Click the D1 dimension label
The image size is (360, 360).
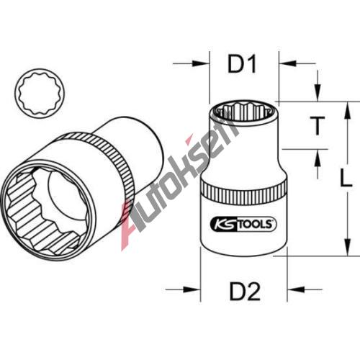(x=242, y=64)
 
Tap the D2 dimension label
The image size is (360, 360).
(x=245, y=292)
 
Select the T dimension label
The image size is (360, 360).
(x=318, y=125)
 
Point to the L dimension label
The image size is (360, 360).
(x=346, y=178)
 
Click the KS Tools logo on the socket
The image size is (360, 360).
(x=243, y=224)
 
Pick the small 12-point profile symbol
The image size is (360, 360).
(x=40, y=94)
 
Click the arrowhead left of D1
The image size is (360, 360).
(x=201, y=63)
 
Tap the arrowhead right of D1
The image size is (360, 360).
(x=287, y=63)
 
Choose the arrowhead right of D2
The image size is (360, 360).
(x=296, y=289)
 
